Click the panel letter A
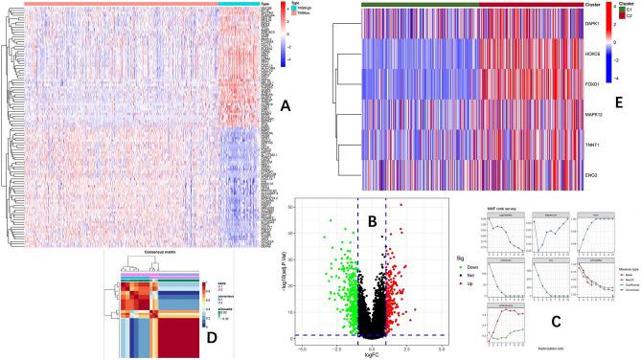tap(285, 109)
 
